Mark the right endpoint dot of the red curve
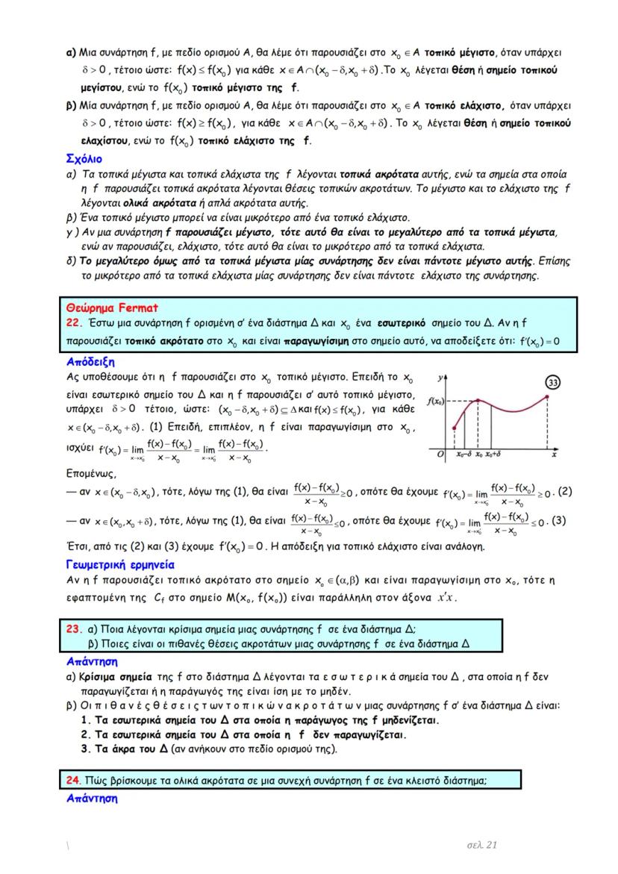pos(549,397)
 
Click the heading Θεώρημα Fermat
pos(111,307)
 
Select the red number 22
pos(72,322)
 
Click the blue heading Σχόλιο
pos(84,159)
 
